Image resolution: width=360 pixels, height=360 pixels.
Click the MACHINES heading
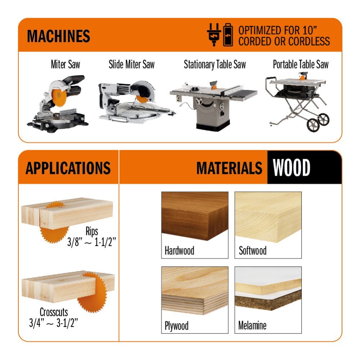tap(59, 36)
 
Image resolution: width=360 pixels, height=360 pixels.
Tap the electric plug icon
tap(214, 35)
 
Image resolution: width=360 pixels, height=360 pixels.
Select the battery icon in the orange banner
tap(228, 35)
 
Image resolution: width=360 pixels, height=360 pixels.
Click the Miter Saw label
tap(66, 64)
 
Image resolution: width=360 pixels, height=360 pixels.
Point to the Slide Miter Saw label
tap(131, 64)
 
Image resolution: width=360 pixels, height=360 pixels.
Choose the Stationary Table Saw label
tap(215, 64)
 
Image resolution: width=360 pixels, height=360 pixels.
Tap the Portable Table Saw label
tap(301, 64)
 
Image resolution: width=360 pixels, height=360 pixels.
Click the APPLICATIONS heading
tap(68, 168)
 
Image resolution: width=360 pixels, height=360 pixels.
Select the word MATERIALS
tap(229, 168)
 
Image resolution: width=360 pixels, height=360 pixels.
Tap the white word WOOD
tap(291, 168)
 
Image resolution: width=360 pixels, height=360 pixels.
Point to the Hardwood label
tap(179, 251)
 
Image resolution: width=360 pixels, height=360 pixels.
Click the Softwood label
tap(253, 251)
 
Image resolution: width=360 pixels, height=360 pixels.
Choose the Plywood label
tap(176, 326)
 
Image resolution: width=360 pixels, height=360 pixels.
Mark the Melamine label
tap(252, 325)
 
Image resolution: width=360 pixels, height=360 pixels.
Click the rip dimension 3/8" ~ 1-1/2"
tap(91, 242)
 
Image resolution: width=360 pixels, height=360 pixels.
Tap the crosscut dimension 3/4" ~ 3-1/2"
tap(54, 323)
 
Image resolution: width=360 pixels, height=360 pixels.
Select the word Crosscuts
tap(54, 312)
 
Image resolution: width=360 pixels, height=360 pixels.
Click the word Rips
tap(92, 231)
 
